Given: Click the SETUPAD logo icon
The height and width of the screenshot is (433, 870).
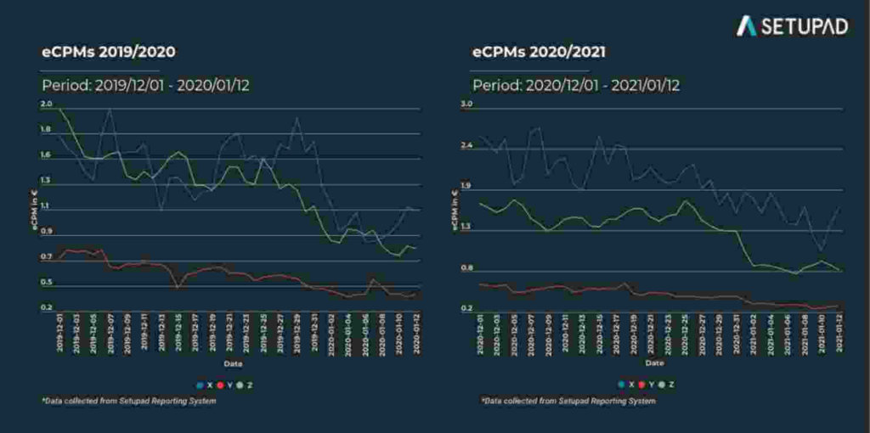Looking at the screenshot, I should [x=747, y=25].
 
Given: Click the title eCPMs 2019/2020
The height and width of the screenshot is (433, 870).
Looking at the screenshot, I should [x=109, y=52].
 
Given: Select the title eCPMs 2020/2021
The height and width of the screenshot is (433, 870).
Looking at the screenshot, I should [x=539, y=52].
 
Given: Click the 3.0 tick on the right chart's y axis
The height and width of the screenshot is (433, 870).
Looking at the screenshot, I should [x=466, y=104].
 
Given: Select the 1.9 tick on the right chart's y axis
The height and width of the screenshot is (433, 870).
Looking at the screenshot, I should [x=466, y=186].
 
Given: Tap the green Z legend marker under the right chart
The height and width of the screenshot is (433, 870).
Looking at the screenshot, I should [x=661, y=385].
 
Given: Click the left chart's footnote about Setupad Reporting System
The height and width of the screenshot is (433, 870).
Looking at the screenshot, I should [x=128, y=401].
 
